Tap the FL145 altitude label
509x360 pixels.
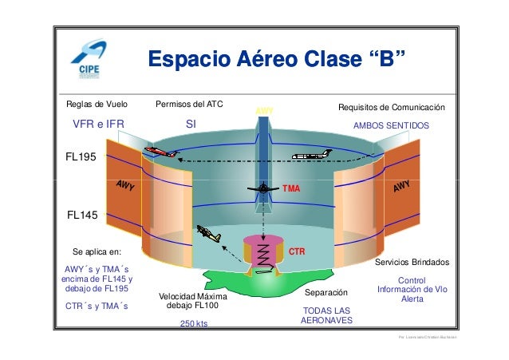click(81, 214)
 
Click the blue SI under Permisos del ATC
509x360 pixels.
click(191, 125)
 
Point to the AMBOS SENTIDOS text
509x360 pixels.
click(391, 126)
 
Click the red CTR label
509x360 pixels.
click(297, 250)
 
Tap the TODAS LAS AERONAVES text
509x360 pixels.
click(326, 315)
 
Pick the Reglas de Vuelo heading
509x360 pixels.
click(96, 105)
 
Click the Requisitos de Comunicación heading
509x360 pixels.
click(391, 107)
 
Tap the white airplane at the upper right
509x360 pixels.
click(310, 156)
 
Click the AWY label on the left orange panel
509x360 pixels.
click(124, 188)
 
